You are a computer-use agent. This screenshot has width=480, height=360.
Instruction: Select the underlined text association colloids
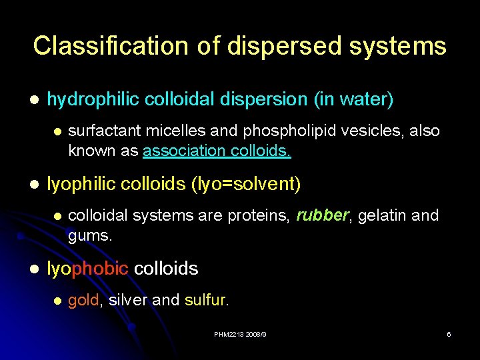tap(217, 151)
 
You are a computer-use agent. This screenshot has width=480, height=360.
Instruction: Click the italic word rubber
tap(323, 215)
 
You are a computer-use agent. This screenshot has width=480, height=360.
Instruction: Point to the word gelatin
tap(383, 215)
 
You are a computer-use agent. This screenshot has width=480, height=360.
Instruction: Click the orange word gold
tap(83, 300)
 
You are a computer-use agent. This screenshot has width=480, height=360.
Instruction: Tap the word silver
tap(127, 300)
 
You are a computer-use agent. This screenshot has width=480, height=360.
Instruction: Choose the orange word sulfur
tap(206, 300)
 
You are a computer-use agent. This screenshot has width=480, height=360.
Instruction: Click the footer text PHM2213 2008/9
tap(240, 334)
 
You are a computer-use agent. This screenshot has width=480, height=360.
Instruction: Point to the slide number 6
tap(449, 334)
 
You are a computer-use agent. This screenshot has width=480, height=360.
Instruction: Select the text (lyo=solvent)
tap(246, 184)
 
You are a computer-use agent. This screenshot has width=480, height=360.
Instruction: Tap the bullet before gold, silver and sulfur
tap(57, 301)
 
